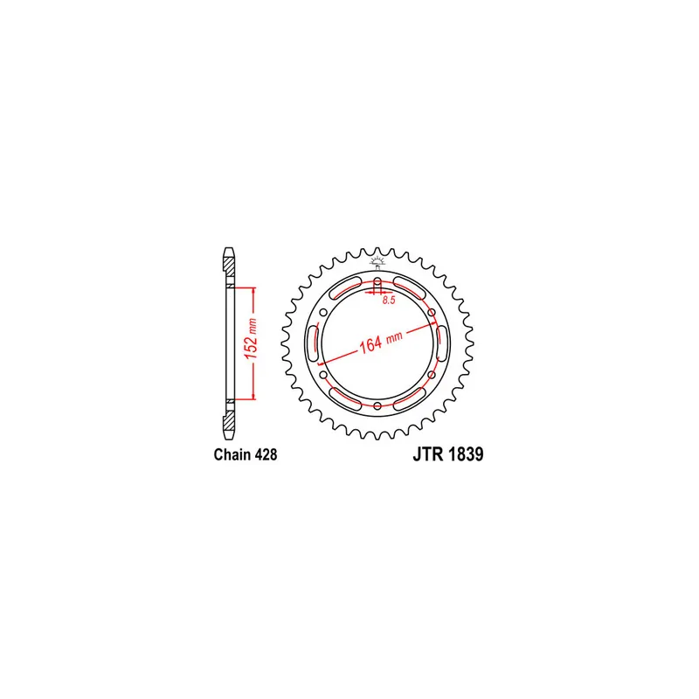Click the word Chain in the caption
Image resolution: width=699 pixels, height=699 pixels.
click(x=232, y=454)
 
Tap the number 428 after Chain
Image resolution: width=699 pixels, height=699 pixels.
click(x=266, y=454)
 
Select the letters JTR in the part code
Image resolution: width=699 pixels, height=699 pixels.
click(x=428, y=454)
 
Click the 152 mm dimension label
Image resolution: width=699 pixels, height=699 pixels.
click(x=252, y=339)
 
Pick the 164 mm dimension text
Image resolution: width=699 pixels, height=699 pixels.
click(x=381, y=342)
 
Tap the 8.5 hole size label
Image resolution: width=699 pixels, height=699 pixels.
click(x=389, y=300)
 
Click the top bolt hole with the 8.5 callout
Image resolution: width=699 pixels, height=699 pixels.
click(x=377, y=281)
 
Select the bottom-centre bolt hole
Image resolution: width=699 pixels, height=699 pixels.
click(x=377, y=405)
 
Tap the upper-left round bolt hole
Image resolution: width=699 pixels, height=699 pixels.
click(x=323, y=313)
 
